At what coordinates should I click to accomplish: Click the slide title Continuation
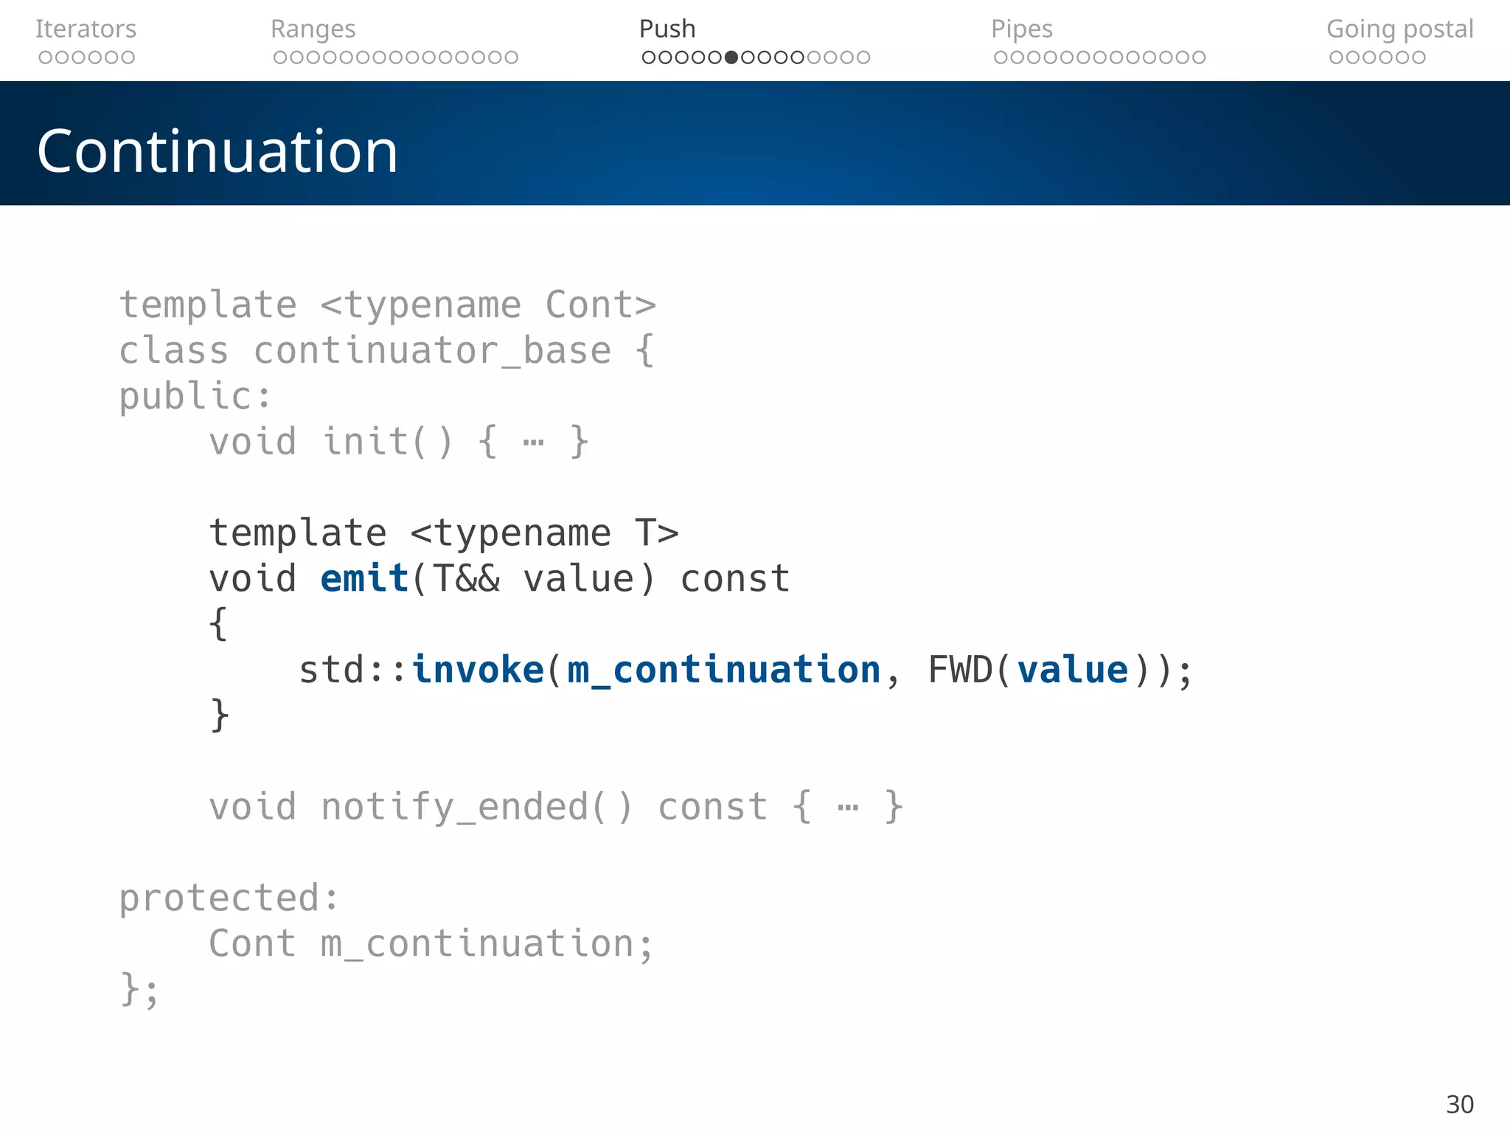point(218,151)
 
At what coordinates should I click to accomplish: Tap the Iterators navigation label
point(86,29)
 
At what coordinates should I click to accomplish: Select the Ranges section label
point(313,29)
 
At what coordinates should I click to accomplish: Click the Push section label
point(667,29)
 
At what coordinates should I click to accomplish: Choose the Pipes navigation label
point(1021,29)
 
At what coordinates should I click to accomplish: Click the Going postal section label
point(1399,29)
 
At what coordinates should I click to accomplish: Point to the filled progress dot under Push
point(731,58)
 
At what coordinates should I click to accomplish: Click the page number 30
point(1459,1104)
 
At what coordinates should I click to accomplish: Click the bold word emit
point(365,578)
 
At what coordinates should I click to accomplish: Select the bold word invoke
point(478,670)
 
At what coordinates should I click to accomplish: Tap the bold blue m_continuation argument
point(724,670)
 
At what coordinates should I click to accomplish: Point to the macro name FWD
point(960,670)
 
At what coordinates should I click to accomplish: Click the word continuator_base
point(432,350)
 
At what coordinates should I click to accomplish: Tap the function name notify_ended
point(455,806)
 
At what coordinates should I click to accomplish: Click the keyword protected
point(219,898)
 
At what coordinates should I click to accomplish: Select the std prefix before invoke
point(332,670)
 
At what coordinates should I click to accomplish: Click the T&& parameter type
point(466,578)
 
